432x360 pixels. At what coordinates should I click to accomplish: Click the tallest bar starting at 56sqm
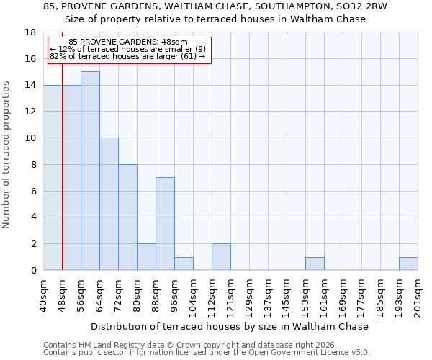pyautogui.click(x=90, y=171)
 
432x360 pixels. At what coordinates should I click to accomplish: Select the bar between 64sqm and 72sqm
pyautogui.click(x=109, y=204)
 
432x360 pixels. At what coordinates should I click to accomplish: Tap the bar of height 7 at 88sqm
pyautogui.click(x=165, y=223)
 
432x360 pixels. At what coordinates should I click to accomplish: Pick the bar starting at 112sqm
pyautogui.click(x=221, y=257)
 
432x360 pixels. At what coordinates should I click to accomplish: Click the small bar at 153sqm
pyautogui.click(x=315, y=264)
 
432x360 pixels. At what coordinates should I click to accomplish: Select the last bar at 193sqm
pyautogui.click(x=408, y=264)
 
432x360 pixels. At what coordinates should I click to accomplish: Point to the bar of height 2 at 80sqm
pyautogui.click(x=146, y=257)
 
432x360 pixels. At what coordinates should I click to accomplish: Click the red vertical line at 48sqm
pyautogui.click(x=63, y=166)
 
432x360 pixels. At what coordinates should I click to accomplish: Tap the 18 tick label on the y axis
pyautogui.click(x=30, y=32)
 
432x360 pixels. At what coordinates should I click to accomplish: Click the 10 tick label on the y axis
pyautogui.click(x=30, y=138)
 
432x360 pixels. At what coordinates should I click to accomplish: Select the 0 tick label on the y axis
pyautogui.click(x=33, y=271)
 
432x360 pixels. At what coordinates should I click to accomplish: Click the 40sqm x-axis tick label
pyautogui.click(x=44, y=295)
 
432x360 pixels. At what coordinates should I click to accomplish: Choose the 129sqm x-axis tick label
pyautogui.click(x=250, y=295)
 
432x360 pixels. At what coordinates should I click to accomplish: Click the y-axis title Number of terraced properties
pyautogui.click(x=7, y=154)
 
